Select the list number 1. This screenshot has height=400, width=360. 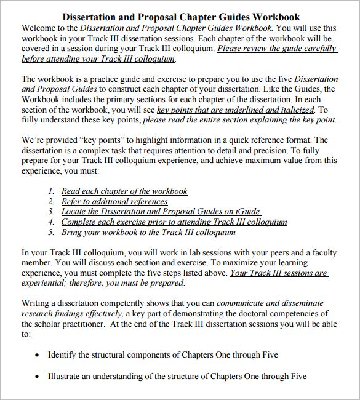tap(51, 191)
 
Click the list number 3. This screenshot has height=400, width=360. tap(51, 212)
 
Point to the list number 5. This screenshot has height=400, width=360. tap(51, 233)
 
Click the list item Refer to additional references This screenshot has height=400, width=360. tap(114, 201)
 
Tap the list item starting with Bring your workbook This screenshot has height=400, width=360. tap(148, 233)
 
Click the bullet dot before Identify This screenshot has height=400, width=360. tap(38, 356)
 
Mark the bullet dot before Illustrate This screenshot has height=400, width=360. tap(38, 377)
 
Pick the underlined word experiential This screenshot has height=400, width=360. tap(46, 283)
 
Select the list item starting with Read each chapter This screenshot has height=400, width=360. tap(124, 191)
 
